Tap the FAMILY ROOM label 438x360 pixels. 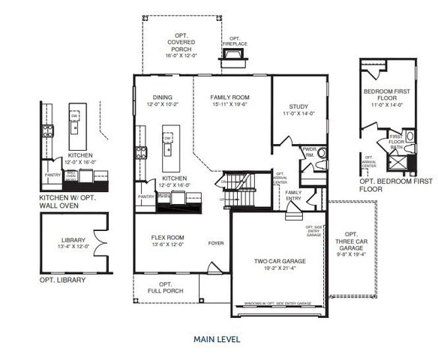(230, 97)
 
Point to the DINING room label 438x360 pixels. (163, 97)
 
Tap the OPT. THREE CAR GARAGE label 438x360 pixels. (351, 240)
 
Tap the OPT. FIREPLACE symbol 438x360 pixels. (234, 55)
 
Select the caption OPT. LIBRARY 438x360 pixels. (63, 280)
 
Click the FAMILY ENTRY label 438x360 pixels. (294, 195)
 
